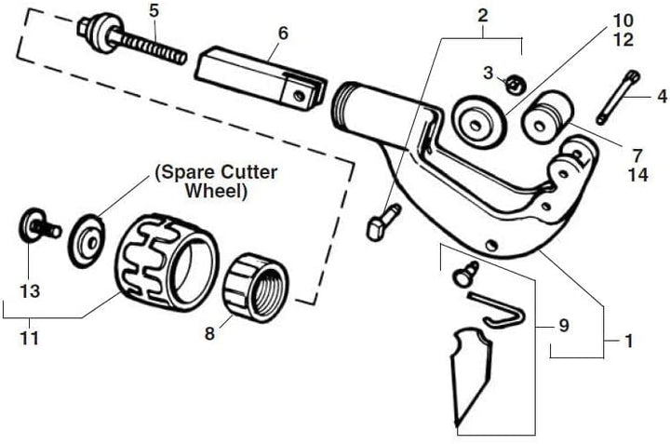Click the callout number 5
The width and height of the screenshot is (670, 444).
point(154,11)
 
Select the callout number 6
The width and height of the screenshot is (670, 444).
point(283,34)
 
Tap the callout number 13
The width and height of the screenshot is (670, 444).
point(30,291)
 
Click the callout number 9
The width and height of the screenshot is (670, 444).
point(563,326)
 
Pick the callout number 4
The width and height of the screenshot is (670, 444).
point(662,95)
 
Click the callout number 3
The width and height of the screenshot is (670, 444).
point(488,73)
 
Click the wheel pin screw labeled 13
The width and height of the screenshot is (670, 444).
point(38,226)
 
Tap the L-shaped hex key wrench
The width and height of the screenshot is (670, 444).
point(498,308)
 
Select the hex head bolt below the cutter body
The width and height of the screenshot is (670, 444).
point(382,223)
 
